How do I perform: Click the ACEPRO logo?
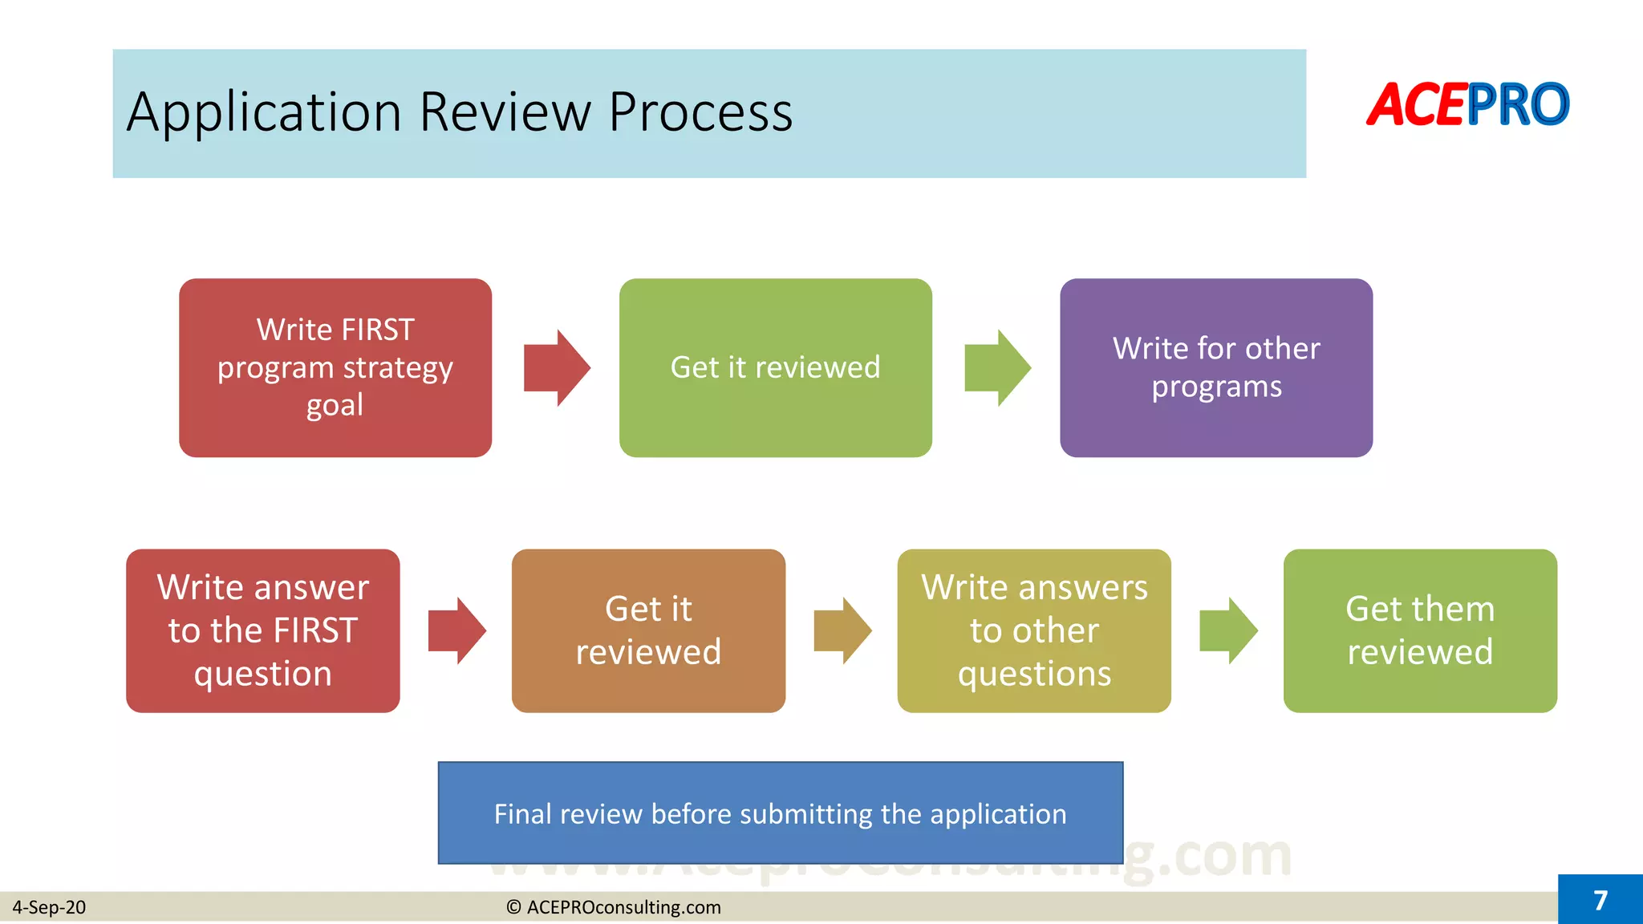point(1467,105)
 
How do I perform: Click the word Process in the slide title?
point(700,112)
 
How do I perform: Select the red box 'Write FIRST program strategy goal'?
point(335,367)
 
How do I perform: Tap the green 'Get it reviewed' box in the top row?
point(775,367)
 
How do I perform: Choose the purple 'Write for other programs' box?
point(1216,367)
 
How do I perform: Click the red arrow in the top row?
point(557,368)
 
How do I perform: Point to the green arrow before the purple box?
point(997,368)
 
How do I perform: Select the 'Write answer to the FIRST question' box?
point(263,630)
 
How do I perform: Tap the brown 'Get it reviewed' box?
point(648,630)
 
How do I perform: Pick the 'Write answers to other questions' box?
point(1034,630)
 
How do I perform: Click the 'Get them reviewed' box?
point(1420,630)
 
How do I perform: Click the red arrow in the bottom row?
point(456,630)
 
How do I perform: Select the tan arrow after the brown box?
point(842,630)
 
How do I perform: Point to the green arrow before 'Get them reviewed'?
point(1227,630)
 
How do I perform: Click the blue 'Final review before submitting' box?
point(780,813)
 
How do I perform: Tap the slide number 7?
point(1600,900)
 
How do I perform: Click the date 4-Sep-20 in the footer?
point(49,907)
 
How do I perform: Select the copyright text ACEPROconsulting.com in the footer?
point(615,907)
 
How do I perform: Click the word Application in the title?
point(264,112)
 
